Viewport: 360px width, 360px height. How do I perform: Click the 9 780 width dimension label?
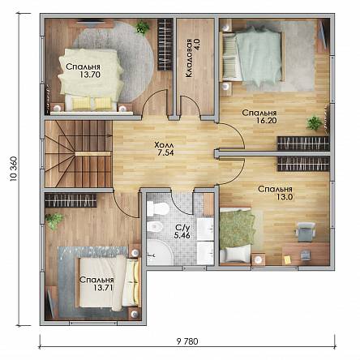click(187, 341)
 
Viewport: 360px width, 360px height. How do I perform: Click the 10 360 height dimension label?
click(14, 169)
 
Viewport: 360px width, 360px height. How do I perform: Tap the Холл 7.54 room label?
click(165, 148)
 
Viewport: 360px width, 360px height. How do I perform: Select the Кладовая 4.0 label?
click(192, 58)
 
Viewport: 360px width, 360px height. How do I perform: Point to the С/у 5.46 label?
click(182, 232)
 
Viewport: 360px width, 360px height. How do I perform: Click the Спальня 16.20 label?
click(259, 117)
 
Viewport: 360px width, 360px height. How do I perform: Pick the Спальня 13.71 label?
click(96, 284)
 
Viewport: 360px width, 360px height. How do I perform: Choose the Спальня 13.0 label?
click(275, 193)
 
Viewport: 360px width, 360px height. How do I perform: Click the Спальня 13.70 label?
click(84, 71)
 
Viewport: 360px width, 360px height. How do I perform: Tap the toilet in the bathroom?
click(158, 209)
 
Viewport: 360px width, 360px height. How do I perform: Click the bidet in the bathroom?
click(155, 226)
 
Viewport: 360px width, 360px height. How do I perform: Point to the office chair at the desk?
click(306, 231)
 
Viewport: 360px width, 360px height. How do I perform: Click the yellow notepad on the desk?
click(287, 259)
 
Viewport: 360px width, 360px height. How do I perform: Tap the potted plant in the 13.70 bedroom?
click(142, 28)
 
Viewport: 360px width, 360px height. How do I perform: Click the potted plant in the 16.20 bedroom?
click(315, 123)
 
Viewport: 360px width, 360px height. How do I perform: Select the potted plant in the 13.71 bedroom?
click(54, 221)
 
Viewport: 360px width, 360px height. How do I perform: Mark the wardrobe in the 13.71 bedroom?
click(71, 200)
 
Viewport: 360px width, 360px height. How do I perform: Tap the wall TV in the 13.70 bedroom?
click(88, 23)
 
